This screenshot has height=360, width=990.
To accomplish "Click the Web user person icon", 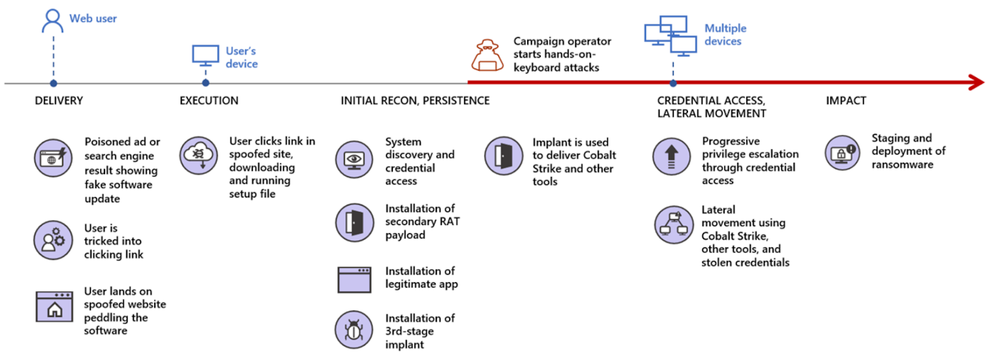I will pos(53,20).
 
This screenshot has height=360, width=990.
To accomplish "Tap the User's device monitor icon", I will pos(205,55).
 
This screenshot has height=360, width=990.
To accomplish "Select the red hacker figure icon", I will pos(488,56).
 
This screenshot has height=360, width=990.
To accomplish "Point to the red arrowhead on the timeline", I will pos(976,82).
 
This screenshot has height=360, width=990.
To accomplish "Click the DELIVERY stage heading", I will pos(59,101).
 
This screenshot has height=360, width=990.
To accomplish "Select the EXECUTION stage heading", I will pos(209,101).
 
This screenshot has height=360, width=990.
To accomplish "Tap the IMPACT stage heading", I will pos(846,101).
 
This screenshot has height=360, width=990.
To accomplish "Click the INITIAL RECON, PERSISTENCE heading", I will pos(415,101).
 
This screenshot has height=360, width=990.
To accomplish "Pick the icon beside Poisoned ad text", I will pos(53,158).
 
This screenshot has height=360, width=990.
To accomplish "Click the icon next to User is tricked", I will pos(53,240).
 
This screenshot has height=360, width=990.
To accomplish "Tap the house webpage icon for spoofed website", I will pos(54,307).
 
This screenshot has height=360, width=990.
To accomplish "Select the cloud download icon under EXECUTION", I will pos(199,155).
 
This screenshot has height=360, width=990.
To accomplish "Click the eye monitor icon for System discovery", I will pos(355,160).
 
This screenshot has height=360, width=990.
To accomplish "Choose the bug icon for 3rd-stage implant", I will pos(354,330).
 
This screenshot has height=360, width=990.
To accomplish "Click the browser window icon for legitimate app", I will pos(355,280).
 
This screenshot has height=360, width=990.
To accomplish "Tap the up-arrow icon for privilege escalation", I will pos(671,156).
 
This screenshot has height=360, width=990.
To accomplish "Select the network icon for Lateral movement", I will pos(674,225).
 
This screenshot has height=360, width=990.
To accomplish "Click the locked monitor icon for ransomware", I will pos(842,153).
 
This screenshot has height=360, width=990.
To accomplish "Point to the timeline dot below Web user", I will pos(53,83).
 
